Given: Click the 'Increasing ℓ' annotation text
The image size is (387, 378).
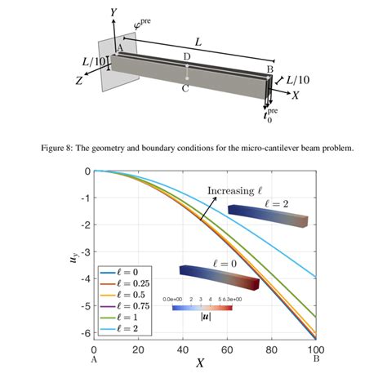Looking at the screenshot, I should click(233, 191).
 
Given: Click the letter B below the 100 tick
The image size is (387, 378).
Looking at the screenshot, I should click(316, 359).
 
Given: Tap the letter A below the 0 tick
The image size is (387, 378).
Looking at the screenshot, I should click(95, 359).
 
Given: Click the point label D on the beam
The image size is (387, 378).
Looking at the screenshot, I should click(187, 56).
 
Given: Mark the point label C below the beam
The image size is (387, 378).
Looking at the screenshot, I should click(186, 89).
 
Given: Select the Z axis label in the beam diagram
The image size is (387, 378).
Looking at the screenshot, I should click(79, 80).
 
